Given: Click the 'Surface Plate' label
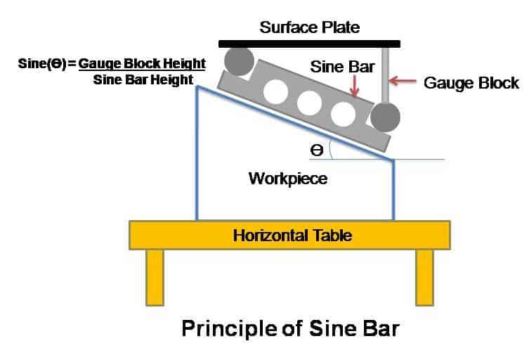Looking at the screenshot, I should pos(309,28).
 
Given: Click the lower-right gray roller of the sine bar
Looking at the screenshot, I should pos(385,117).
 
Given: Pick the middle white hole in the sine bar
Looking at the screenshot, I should pos(309,103).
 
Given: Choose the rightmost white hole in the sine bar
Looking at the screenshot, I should pos(343,113).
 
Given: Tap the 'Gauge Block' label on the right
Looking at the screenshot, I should pos(471,83).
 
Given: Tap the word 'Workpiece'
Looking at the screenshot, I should pos(287,179).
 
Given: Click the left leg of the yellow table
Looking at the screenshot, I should pos(155,277).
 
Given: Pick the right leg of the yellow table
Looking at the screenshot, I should pos(424,277).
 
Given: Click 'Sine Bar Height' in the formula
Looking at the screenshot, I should pos(143,79).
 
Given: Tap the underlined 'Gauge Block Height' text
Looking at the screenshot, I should pos(142,63).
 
